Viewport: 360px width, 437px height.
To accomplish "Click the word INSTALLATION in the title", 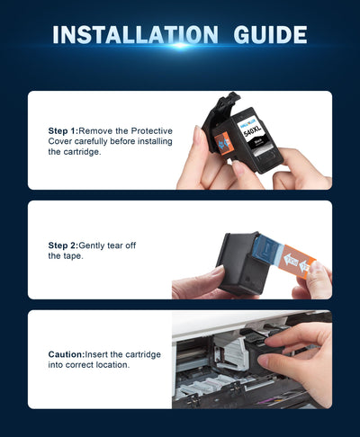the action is (x=135, y=35).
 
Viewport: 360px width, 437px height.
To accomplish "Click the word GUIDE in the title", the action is (x=270, y=35).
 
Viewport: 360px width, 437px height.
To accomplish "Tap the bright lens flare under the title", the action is (x=180, y=46).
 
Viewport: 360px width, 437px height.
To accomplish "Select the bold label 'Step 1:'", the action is (x=63, y=131).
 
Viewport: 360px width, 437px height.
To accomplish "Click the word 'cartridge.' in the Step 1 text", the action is (x=82, y=152).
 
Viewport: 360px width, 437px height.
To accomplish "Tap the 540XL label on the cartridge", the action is (x=252, y=130).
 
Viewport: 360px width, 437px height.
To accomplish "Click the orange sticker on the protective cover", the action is (x=223, y=144).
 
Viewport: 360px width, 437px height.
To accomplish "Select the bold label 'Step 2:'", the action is (x=63, y=245).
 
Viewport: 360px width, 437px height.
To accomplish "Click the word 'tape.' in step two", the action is (x=73, y=256).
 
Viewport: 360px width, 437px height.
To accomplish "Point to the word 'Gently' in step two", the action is (x=92, y=245).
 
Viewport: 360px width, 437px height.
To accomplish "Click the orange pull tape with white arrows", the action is (x=296, y=262).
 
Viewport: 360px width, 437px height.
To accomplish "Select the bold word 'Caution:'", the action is (x=67, y=354).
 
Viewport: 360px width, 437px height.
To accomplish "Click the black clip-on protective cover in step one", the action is (x=218, y=123).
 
